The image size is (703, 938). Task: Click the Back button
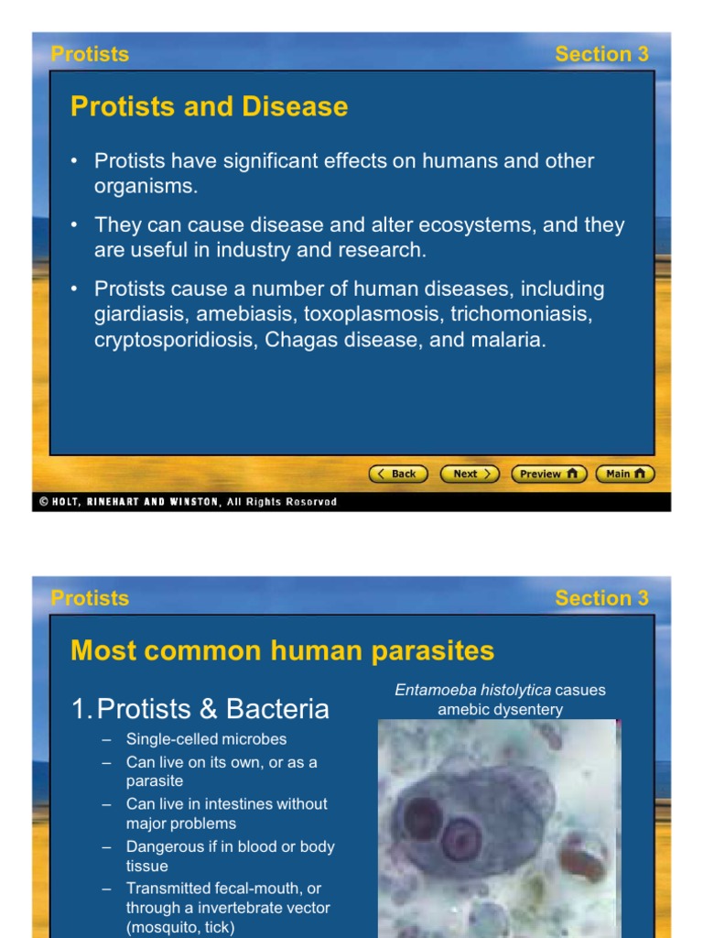pos(398,474)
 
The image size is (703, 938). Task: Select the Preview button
pos(549,474)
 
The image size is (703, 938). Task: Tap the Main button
pos(625,474)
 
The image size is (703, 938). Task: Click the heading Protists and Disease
pos(210,106)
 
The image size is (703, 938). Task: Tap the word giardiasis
pos(142,314)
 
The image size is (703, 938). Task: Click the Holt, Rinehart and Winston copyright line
pos(189,502)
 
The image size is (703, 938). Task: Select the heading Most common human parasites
pos(282,650)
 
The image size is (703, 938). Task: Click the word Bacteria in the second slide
pos(277,709)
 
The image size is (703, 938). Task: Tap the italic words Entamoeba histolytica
pos(473,690)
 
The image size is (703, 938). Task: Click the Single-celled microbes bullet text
pos(206,739)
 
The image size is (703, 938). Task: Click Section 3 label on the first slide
pos(602,54)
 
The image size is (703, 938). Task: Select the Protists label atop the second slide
pos(91,598)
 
